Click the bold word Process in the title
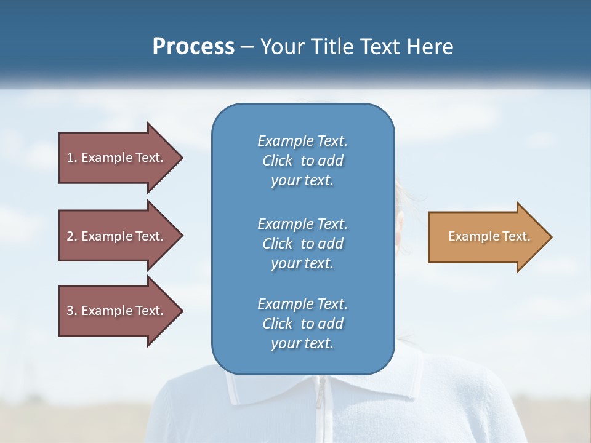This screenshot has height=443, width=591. pyautogui.click(x=193, y=47)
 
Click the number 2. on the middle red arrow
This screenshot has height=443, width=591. pyautogui.click(x=72, y=236)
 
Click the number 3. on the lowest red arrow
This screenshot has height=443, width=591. pyautogui.click(x=72, y=311)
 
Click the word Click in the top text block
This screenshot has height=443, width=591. pyautogui.click(x=278, y=161)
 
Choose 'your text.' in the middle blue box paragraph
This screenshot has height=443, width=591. pyautogui.click(x=302, y=263)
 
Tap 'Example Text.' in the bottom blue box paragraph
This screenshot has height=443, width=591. pyautogui.click(x=302, y=304)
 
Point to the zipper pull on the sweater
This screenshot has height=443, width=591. pyautogui.click(x=320, y=401)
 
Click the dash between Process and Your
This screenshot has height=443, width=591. pyautogui.click(x=247, y=47)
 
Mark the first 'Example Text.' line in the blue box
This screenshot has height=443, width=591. pyautogui.click(x=302, y=141)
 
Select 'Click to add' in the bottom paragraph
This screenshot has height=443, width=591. pyautogui.click(x=302, y=324)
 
